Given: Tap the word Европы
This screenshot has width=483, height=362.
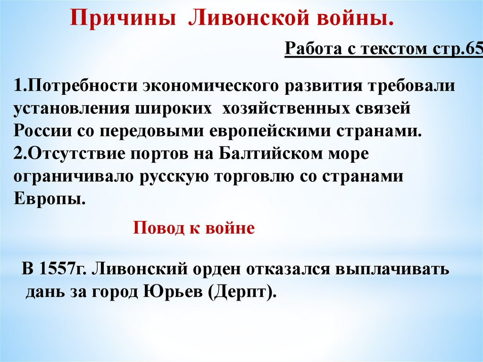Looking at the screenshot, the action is [49, 200].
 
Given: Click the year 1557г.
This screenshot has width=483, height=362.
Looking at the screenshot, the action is [63, 269].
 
